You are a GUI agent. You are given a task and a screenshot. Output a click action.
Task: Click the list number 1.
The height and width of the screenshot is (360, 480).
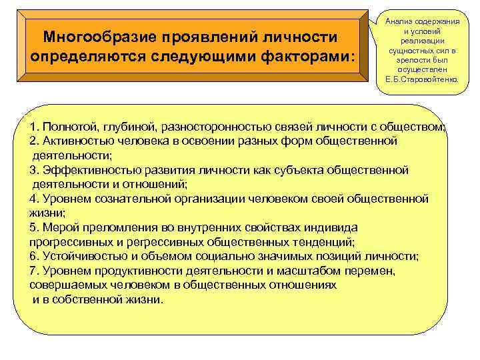click(34, 127)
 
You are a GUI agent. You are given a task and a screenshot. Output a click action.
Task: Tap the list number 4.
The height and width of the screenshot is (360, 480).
click(34, 199)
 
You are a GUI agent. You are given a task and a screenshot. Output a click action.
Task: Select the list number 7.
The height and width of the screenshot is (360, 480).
click(34, 270)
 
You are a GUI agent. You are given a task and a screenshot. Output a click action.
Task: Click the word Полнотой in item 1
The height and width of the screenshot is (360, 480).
click(71, 127)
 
